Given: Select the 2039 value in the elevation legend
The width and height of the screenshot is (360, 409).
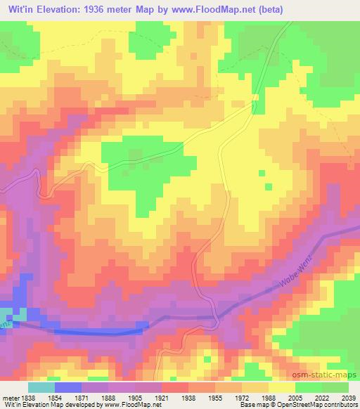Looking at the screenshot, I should [x=347, y=398].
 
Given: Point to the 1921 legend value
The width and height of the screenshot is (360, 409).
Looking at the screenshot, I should [x=161, y=398].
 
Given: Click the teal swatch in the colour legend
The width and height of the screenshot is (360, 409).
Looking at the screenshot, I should [x=41, y=387].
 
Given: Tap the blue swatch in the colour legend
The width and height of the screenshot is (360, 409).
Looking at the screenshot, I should [x=68, y=387].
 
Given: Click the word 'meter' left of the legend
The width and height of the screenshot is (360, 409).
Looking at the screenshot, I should [x=8, y=398].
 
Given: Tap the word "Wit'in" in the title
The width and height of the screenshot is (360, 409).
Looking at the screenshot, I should [x=19, y=9].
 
